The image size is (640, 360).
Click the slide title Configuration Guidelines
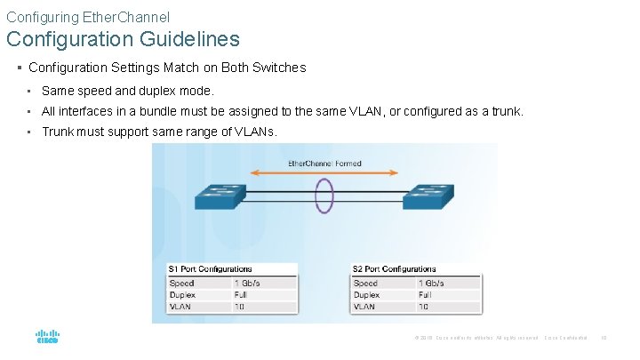point(123,39)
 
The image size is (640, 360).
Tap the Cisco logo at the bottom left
point(47,338)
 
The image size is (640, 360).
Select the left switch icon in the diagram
point(214,196)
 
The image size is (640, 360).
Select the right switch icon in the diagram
point(428,196)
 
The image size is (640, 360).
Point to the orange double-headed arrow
point(324,173)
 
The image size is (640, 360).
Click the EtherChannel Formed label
point(324,164)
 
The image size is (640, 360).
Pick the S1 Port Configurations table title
point(210,268)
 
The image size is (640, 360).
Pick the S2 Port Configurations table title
point(395,268)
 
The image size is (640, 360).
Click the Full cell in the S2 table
point(425,294)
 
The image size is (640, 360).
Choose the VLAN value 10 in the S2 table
point(423,306)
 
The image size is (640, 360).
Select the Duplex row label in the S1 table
point(182,294)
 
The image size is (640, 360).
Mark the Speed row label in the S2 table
point(365,283)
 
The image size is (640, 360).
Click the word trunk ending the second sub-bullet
point(509,112)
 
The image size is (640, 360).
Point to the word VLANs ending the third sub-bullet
point(255,132)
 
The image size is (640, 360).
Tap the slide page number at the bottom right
point(604,338)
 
